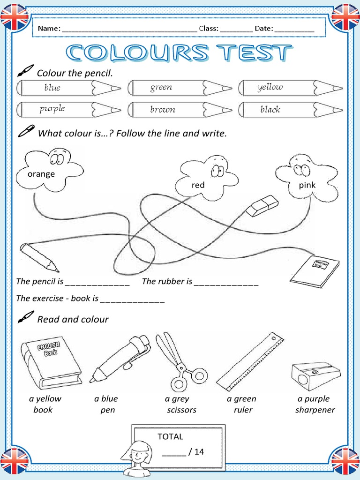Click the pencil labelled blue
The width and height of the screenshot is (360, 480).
point(69,88)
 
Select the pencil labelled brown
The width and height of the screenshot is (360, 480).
point(180,110)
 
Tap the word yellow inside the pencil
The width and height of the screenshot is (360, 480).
point(270,87)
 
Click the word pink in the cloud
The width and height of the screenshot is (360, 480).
point(307,185)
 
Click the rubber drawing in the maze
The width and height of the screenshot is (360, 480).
point(262,206)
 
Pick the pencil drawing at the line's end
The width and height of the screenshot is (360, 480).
point(39,257)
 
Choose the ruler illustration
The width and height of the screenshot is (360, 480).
point(250,361)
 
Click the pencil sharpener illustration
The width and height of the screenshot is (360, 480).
point(315,376)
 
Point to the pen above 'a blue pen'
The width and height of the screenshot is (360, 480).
point(120,359)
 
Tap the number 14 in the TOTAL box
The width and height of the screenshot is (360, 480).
point(199,451)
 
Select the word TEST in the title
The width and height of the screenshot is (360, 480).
point(255,52)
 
